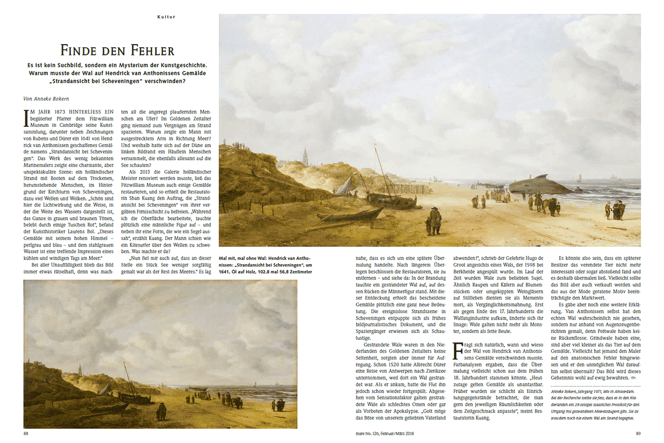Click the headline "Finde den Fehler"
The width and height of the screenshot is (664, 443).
pos(117,51)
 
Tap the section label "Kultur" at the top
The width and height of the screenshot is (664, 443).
pos(166,17)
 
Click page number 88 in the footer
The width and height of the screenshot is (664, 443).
pos(26,433)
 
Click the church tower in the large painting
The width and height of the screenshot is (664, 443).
pos(305,155)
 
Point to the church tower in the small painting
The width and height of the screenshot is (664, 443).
pos(79,370)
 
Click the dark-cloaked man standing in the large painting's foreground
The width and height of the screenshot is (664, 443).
pos(435,220)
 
